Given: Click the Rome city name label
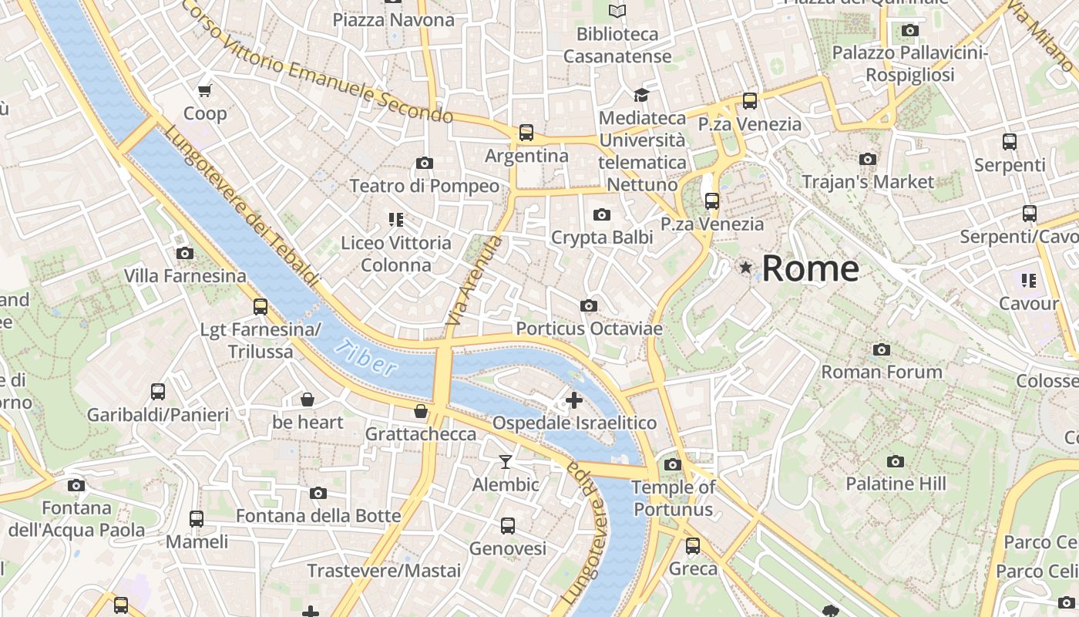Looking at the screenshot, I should coord(810,268).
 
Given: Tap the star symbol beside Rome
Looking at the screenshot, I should coord(745,268).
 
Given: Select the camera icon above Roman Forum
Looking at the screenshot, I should coord(882,350).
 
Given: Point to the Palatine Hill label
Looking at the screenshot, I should coord(896,484).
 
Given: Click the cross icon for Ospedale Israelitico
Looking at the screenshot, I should coord(574,400).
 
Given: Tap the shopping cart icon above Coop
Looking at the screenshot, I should coord(205,91).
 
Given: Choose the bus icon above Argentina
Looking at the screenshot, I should coord(526,133).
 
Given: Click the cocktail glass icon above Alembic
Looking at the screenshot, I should coord(506,462).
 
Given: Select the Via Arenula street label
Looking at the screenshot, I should coord(473,280).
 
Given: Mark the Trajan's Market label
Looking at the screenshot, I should coord(868,182).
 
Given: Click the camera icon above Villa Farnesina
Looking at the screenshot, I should coord(184,253).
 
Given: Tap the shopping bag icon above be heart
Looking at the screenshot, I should coord(308,400).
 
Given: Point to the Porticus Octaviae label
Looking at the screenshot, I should coord(589,329).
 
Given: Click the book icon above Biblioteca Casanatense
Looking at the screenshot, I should coord(617,11).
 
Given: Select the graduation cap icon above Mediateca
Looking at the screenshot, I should coord(641,95).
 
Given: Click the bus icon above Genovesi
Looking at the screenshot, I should coord(508,526).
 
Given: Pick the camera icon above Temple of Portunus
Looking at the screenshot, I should coord(673,464).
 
